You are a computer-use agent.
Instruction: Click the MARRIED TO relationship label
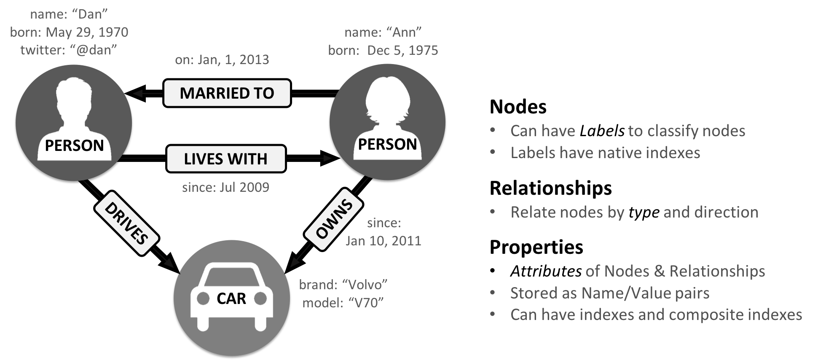pyautogui.click(x=227, y=93)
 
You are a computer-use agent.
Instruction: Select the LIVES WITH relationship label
pyautogui.click(x=226, y=159)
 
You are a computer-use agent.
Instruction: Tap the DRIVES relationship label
pyautogui.click(x=126, y=223)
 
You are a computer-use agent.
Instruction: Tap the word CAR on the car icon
pyautogui.click(x=231, y=298)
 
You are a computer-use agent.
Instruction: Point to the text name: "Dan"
pyautogui.click(x=69, y=14)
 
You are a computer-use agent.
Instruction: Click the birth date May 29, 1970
pyautogui.click(x=87, y=32)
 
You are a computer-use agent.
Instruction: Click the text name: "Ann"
pyautogui.click(x=383, y=32)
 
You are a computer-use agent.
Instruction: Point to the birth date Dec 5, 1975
pyautogui.click(x=402, y=51)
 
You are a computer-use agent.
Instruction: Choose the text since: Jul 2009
pyautogui.click(x=225, y=187)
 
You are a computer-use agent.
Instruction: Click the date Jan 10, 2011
pyautogui.click(x=383, y=241)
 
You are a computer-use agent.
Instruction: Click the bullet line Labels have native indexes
pyautogui.click(x=605, y=153)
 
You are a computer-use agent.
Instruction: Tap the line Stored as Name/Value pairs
pyautogui.click(x=609, y=293)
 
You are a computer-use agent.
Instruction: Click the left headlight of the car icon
pyautogui.click(x=203, y=298)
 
